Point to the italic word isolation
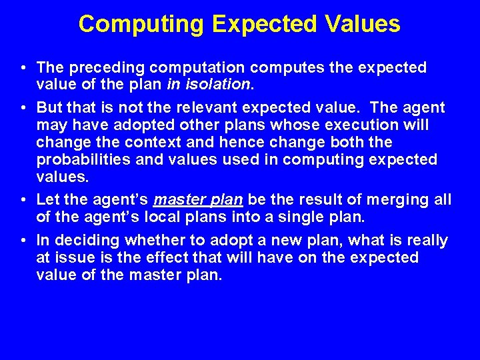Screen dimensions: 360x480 pyautogui.click(x=219, y=85)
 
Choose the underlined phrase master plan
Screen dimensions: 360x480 pyautogui.click(x=197, y=200)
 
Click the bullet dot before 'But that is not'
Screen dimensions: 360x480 pyautogui.click(x=23, y=108)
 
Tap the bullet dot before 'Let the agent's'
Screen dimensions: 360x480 pyautogui.click(x=23, y=200)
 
